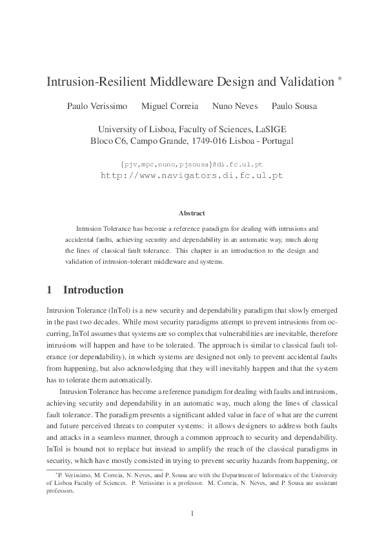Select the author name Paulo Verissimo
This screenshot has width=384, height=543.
tap(97, 106)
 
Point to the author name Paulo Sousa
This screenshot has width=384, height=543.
tap(294, 106)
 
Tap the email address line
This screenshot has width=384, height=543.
tap(192, 164)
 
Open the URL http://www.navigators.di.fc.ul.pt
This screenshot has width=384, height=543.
tap(192, 175)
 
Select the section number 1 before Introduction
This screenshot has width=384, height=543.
tap(50, 290)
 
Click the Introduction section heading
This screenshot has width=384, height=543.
tap(93, 290)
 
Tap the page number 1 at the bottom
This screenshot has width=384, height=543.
tap(192, 513)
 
